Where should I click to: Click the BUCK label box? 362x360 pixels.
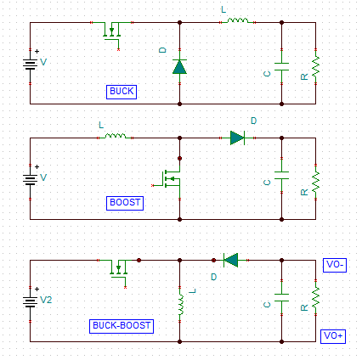point(122,92)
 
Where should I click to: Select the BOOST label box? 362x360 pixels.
point(125,203)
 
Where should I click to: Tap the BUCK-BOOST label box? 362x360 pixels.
point(122,326)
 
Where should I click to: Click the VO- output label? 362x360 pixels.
point(335,265)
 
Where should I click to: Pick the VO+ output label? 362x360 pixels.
point(333,336)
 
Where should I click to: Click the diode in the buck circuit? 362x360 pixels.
point(179,67)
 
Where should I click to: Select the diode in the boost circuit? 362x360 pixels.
point(237,138)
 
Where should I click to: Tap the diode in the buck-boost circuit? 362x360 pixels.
point(230,260)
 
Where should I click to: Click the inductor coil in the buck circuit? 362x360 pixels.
point(238,20)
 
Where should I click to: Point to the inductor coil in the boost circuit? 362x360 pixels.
point(116,136)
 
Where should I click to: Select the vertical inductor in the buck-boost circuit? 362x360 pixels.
point(181,305)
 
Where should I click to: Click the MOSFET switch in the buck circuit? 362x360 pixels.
point(111,33)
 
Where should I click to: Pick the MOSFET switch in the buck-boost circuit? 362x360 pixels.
point(118,271)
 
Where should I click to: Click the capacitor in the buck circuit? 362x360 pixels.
point(281,67)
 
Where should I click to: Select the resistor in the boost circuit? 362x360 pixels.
point(315,183)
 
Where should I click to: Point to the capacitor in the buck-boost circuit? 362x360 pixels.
point(281,298)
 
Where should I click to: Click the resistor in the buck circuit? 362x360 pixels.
point(315,67)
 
